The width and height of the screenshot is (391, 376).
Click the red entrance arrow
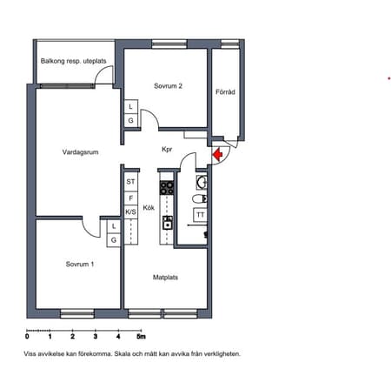pos(217,154)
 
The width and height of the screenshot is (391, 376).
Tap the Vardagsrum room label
pos(80,152)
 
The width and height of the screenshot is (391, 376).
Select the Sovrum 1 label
pos(80,264)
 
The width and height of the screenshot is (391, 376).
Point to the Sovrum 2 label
pos(168,86)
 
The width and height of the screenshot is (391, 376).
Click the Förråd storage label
pos(225,92)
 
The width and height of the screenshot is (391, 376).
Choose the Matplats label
pos(165,278)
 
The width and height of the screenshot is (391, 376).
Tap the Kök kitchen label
pos(149,208)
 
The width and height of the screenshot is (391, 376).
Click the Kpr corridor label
pos(167,150)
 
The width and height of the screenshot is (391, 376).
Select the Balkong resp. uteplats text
pos(73,61)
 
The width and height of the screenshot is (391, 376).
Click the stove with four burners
pos(167,188)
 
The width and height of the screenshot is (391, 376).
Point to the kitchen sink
pos(168,223)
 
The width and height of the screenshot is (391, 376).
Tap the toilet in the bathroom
pos(200,198)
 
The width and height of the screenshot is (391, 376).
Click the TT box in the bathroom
pos(200,215)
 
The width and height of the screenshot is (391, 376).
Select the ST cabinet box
pos(130,182)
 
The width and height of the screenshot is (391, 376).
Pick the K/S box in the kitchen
pos(130,212)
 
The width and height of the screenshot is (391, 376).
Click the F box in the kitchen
pos(130,198)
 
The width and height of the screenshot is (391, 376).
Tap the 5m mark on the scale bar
pos(141,337)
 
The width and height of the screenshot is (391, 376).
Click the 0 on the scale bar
pos(27,337)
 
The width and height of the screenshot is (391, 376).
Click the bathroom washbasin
pos(202,183)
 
